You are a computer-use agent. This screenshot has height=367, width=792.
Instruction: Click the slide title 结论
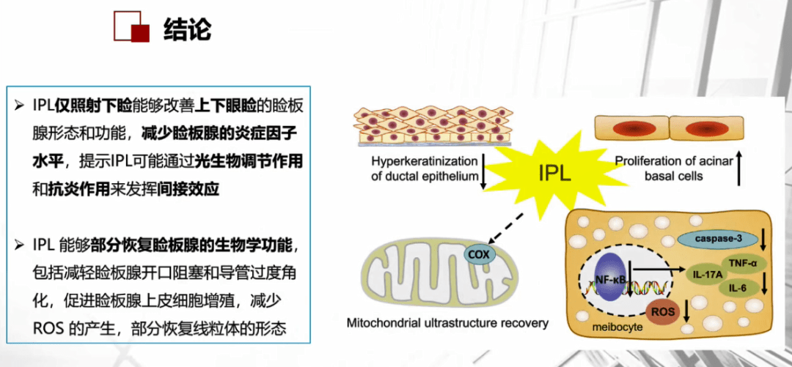pos(188,31)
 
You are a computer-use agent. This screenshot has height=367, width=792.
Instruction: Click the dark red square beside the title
pos(140,32)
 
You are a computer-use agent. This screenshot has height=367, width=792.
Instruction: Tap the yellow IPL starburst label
pos(554,173)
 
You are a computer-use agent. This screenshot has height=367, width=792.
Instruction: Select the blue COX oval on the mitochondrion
pos(479,254)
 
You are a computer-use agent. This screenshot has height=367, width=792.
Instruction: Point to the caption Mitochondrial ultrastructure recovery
pos(447,322)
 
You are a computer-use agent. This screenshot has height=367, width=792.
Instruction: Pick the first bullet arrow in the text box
pos(20,106)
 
